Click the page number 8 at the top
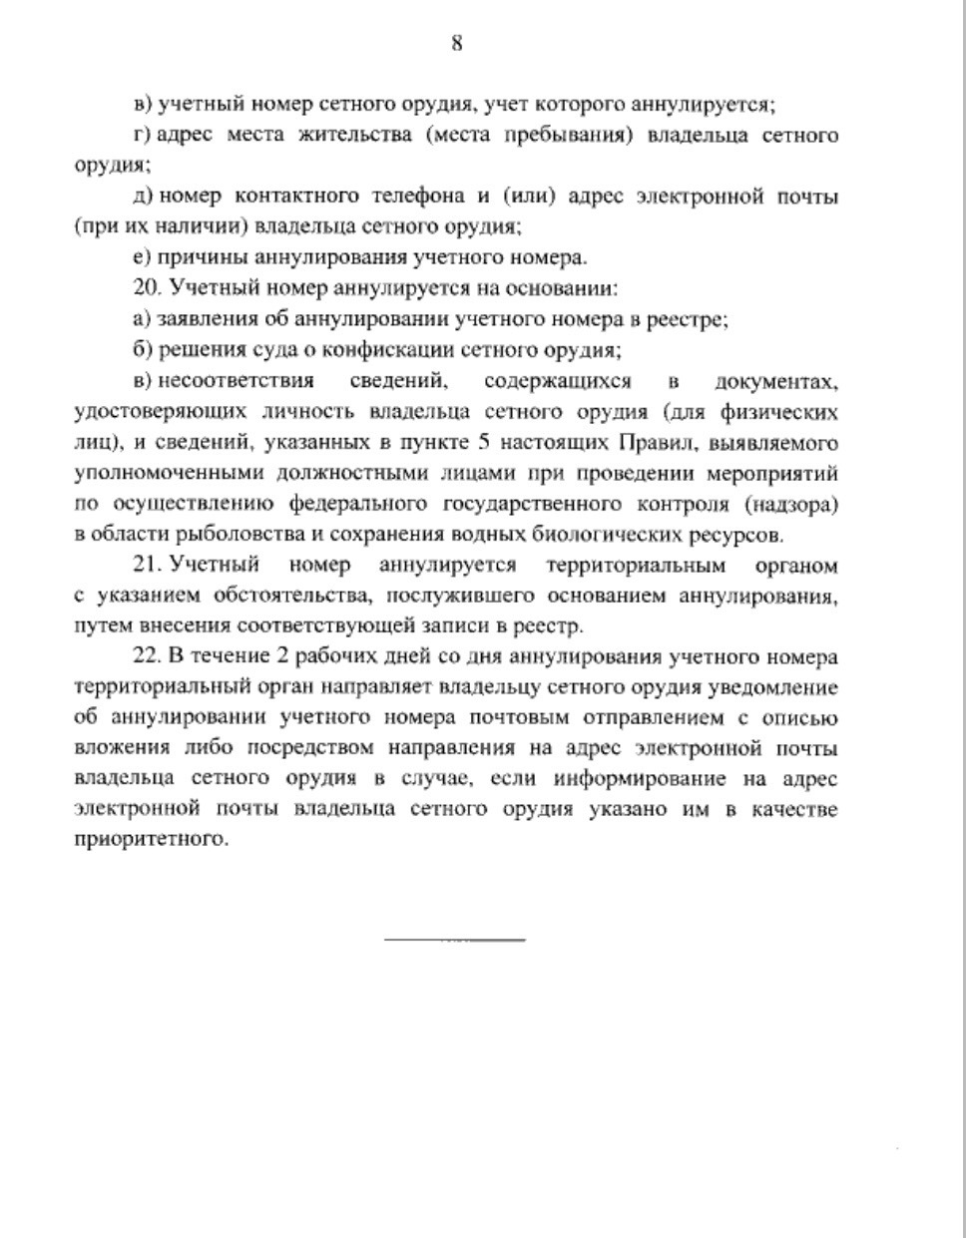click(x=456, y=43)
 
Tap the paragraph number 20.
click(x=147, y=288)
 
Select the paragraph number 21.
click(x=147, y=565)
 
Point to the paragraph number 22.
click(x=147, y=656)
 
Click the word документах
click(x=776, y=381)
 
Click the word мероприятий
click(x=775, y=473)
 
